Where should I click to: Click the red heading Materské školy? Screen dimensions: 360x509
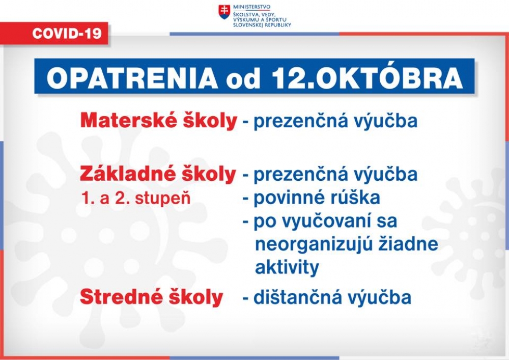[159, 121]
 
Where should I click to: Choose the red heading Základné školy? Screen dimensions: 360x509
[158, 174]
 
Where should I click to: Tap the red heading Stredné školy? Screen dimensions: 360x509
[151, 297]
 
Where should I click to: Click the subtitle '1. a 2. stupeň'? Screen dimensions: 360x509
[136, 198]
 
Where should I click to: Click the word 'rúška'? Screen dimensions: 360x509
[358, 198]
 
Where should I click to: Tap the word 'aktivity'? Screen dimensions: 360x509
[287, 267]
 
